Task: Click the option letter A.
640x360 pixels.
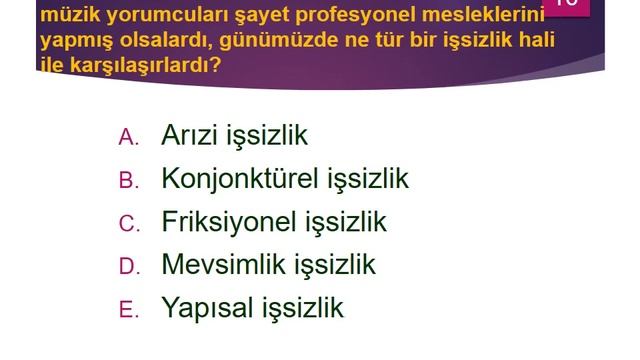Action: pos(128,138)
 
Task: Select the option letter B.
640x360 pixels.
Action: pos(128,181)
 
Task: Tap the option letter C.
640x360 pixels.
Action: pos(128,224)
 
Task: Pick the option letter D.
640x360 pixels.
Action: pos(128,267)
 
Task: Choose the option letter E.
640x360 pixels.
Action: pos(128,310)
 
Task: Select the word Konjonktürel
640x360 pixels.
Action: pos(240,179)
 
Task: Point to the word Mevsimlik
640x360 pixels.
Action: pos(223,265)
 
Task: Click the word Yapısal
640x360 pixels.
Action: pos(206,308)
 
